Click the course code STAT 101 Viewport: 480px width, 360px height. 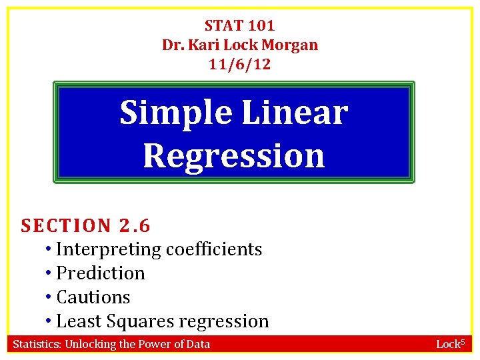239,26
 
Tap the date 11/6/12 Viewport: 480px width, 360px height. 239,65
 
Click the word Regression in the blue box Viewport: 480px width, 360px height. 233,155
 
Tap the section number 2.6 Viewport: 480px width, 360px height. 135,226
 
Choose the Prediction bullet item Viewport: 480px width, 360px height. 100,273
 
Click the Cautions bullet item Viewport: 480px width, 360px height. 93,297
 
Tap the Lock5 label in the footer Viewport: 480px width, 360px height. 450,344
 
